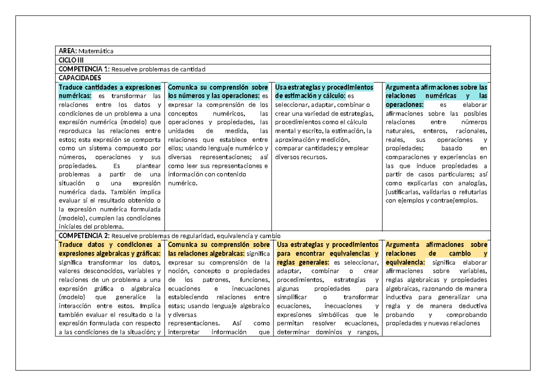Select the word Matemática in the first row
point(94,51)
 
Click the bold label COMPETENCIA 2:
point(84,236)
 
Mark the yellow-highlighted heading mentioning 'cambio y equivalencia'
point(436,253)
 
